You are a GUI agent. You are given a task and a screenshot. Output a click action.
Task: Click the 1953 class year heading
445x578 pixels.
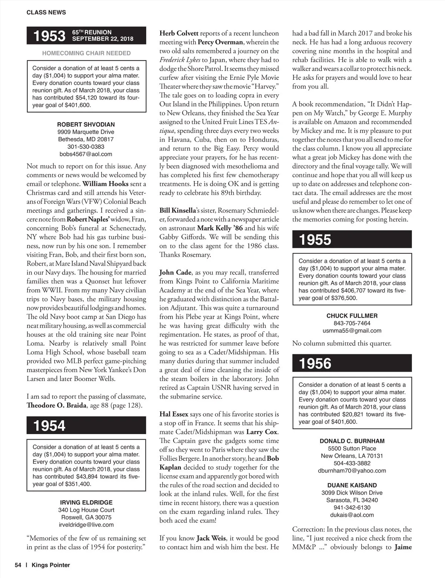coord(49,36)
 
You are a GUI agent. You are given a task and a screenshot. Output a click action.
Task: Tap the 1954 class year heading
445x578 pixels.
coord(49,426)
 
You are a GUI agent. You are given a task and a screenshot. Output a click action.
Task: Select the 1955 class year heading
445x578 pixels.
coord(315,240)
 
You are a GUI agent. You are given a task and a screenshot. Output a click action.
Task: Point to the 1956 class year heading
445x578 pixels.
coord(315,364)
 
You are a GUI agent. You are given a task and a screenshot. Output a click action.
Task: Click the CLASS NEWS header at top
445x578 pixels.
coord(46,12)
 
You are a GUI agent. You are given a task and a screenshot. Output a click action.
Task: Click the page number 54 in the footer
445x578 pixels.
coord(18,565)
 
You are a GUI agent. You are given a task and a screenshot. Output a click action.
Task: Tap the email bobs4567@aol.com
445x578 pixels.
coord(86,154)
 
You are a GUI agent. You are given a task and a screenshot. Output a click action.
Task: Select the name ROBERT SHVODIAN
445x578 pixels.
coord(86,124)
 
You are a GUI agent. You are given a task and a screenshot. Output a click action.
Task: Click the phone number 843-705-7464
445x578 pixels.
coord(352,323)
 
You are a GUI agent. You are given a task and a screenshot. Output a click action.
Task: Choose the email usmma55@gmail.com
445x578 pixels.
coord(352,331)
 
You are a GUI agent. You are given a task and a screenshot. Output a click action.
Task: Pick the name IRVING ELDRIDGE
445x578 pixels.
coord(86,502)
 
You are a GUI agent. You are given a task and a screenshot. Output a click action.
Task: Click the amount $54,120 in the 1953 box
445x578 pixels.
coord(88,98)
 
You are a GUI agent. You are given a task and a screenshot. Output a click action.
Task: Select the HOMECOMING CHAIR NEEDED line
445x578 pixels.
coord(86,53)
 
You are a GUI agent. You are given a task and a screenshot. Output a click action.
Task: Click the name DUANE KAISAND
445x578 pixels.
coord(352,485)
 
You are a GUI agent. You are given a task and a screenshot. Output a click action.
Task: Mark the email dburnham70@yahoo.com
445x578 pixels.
coord(352,470)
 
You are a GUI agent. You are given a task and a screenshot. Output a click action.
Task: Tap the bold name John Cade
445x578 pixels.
coord(175,272)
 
